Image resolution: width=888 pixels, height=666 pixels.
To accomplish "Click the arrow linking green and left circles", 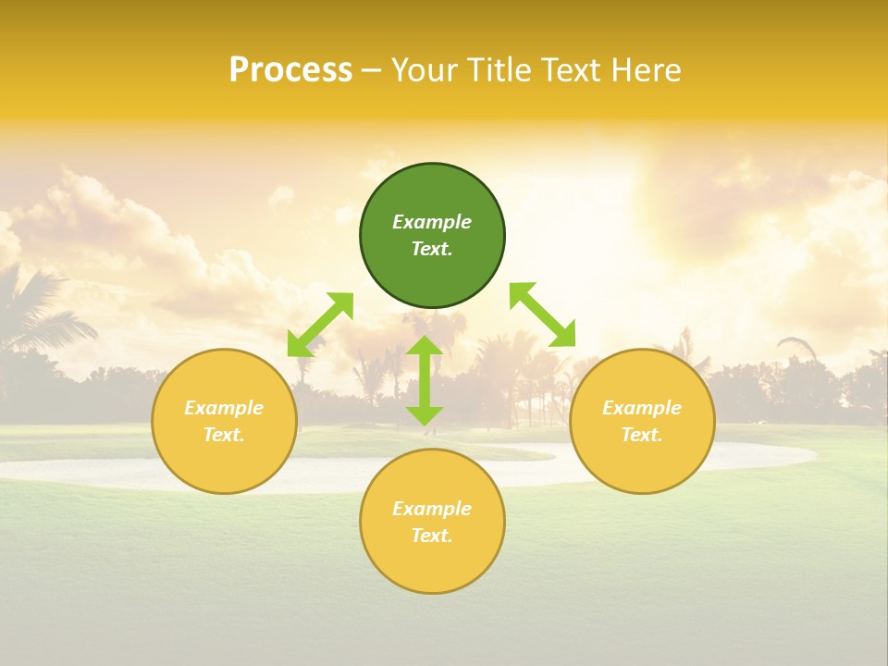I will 320,325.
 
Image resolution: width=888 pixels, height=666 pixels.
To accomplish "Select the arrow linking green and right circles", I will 542,314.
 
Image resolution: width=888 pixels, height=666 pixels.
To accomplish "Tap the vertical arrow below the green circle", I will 425,381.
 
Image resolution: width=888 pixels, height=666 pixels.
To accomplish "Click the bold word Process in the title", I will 290,70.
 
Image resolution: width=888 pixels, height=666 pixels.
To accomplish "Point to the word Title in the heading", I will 500,70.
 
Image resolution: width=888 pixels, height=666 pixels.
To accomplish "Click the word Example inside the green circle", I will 432,222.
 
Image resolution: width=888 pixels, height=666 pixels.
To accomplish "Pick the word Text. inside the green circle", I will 432,250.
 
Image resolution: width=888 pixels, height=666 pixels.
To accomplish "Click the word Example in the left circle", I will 224,408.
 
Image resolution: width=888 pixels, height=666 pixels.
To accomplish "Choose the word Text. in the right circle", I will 642,435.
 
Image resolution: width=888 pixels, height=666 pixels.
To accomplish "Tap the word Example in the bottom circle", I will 432,509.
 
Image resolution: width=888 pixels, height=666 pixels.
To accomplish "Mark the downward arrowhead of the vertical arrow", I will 425,415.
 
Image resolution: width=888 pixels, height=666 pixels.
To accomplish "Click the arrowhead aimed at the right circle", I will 563,336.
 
